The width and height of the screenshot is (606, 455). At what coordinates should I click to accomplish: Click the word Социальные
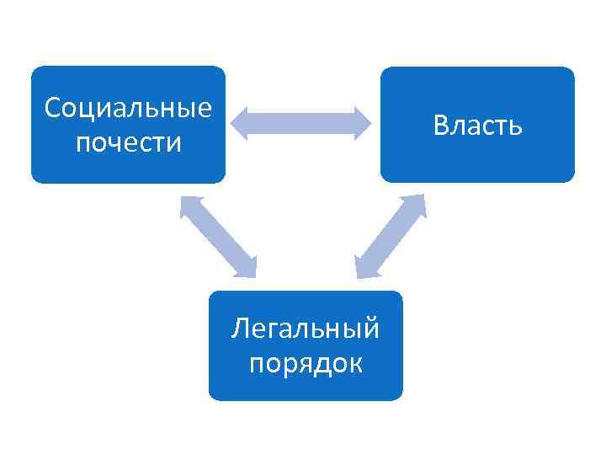[x=128, y=108]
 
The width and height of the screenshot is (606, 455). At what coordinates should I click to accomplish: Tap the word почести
[x=128, y=142]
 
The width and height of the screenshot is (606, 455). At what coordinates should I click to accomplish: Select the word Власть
[x=477, y=126]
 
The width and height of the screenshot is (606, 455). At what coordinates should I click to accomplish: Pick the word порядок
[x=306, y=363]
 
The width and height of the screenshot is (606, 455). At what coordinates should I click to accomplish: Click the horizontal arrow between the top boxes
[x=301, y=123]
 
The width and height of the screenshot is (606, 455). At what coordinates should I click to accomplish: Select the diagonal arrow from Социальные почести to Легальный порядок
[x=218, y=237]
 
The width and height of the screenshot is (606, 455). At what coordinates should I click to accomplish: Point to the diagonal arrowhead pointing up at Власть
[x=417, y=206]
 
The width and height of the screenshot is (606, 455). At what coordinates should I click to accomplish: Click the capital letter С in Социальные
[x=52, y=108]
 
